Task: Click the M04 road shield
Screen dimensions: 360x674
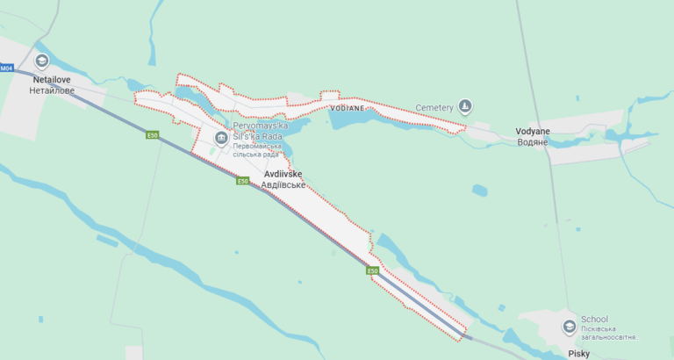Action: [x=7, y=68]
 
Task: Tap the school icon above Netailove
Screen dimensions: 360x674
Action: [x=41, y=61]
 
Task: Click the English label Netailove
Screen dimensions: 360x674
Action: [x=52, y=79]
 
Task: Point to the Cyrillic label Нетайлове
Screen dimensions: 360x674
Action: [x=52, y=90]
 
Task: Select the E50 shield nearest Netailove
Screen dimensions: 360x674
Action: [x=153, y=135]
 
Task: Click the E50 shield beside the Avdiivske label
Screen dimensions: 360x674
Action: [x=243, y=181]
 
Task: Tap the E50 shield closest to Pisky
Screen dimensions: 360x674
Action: [x=373, y=270]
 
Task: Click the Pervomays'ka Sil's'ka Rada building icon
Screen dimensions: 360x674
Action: [x=220, y=138]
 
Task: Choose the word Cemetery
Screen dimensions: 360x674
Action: [x=434, y=108]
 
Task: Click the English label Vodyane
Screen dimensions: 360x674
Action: [x=534, y=131]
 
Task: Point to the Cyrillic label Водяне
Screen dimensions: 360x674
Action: [x=533, y=141]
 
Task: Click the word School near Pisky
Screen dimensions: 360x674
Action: [x=594, y=320]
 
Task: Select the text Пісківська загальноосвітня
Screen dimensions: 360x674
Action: [x=610, y=335]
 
